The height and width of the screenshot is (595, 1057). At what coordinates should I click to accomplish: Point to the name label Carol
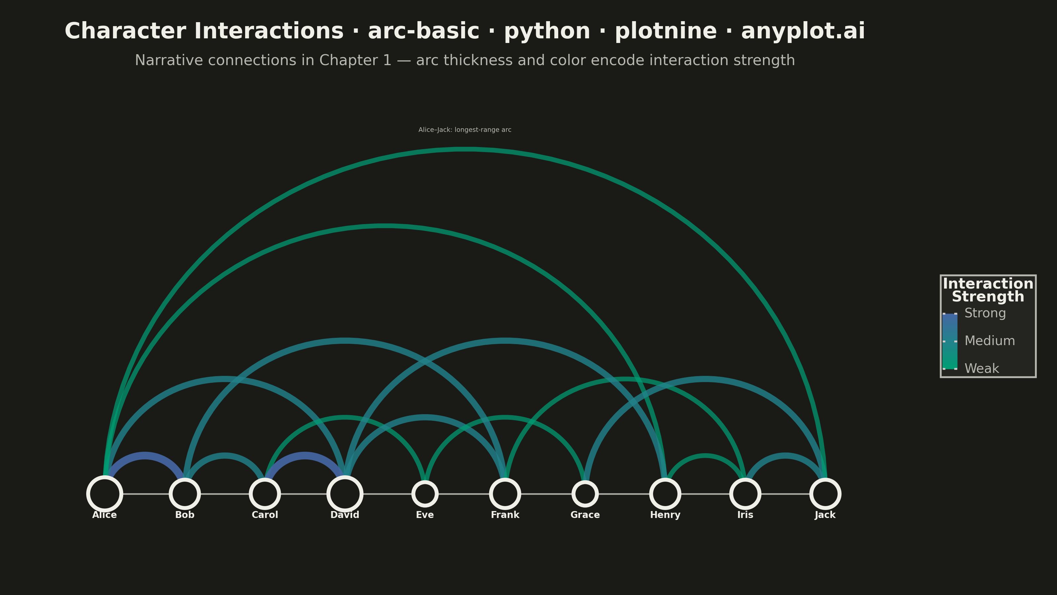[265, 515]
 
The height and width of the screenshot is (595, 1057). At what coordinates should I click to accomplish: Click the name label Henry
[665, 515]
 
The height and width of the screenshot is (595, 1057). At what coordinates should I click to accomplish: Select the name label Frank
[505, 515]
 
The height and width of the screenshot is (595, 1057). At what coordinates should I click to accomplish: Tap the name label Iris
[745, 515]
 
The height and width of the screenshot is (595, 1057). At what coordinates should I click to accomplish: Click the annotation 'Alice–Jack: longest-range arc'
[465, 130]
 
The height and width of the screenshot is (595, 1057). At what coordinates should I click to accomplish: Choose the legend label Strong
[985, 313]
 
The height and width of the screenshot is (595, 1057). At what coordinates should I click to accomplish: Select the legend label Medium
[990, 341]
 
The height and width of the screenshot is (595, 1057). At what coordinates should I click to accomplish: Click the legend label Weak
[981, 368]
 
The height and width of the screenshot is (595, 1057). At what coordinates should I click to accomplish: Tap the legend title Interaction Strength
[988, 290]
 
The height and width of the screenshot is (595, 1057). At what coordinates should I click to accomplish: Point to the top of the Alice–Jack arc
[465, 149]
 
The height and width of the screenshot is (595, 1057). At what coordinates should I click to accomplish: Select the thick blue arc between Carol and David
[305, 456]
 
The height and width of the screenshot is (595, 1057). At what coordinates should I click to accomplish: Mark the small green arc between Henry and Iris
[705, 456]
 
